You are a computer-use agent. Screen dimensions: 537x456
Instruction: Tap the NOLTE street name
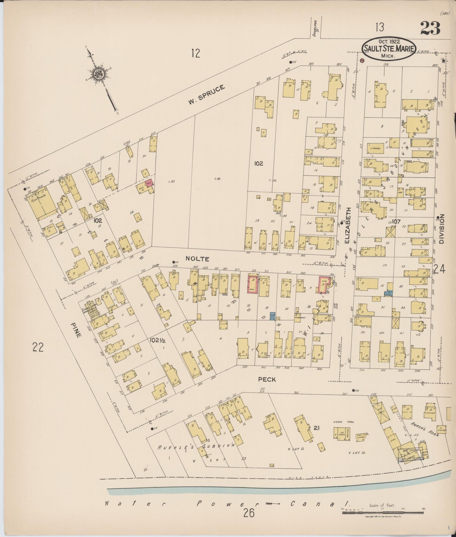(x=197, y=259)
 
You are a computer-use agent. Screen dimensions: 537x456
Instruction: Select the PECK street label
(x=267, y=379)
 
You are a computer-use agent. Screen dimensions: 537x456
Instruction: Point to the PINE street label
(x=77, y=330)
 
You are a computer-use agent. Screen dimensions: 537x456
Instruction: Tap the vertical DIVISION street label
(x=441, y=229)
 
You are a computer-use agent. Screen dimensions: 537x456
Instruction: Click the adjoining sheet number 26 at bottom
(x=249, y=513)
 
